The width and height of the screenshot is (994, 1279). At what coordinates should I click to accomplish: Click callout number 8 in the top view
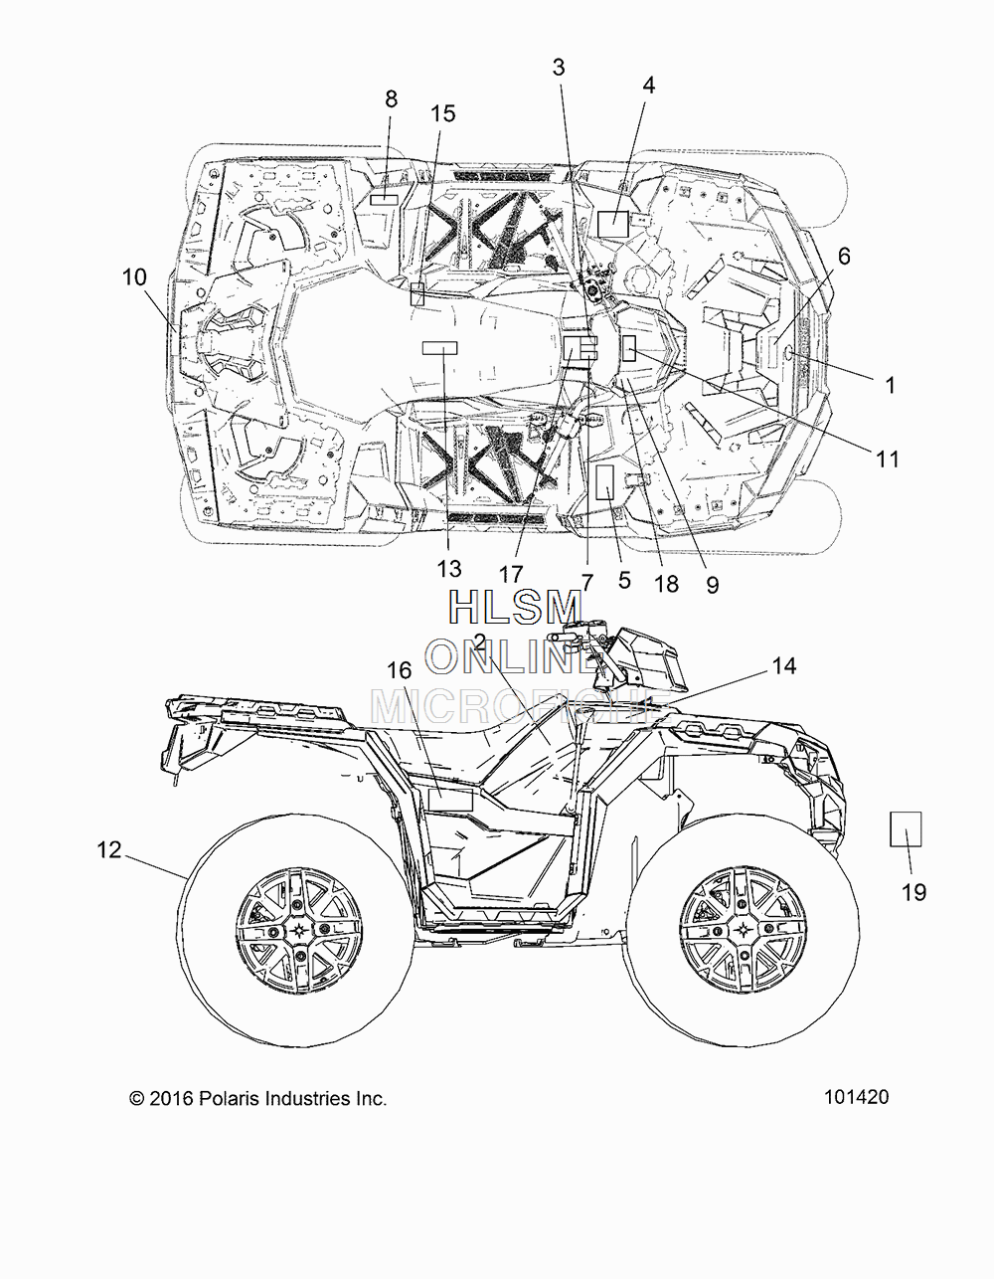click(391, 98)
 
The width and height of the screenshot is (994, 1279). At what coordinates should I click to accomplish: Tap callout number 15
click(443, 113)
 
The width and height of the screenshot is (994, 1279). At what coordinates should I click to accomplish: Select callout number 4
click(648, 86)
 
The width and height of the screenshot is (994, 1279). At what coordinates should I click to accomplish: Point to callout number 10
click(135, 277)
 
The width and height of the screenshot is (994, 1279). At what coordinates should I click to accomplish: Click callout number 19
click(914, 892)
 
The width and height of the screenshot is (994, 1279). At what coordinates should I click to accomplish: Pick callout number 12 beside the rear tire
click(109, 849)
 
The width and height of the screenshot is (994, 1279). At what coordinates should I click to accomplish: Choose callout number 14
click(784, 665)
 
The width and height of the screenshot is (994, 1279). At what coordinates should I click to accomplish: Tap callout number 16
click(400, 669)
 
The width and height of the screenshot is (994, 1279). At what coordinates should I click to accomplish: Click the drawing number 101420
click(857, 1097)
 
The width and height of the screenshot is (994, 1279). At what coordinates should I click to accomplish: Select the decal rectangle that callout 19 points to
click(906, 828)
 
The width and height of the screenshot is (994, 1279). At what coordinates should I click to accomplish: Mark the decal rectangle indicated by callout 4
click(613, 224)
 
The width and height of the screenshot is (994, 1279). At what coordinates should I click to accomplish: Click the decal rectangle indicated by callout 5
click(605, 481)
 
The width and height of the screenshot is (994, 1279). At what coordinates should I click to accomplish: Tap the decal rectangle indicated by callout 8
click(385, 200)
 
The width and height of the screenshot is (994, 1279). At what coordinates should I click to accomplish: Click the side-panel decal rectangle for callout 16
click(450, 801)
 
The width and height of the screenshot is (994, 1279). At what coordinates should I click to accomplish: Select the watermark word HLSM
click(516, 608)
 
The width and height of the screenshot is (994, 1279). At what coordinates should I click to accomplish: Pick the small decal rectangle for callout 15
click(417, 293)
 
